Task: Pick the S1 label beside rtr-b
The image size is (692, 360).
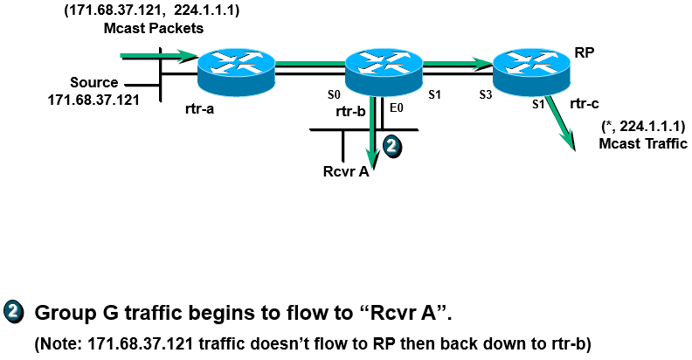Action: click(433, 94)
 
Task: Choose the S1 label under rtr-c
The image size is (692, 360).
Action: click(539, 103)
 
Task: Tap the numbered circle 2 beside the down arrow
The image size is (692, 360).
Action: click(393, 148)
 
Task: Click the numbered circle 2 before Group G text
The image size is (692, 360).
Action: click(14, 312)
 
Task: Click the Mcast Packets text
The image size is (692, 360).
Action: click(151, 28)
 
